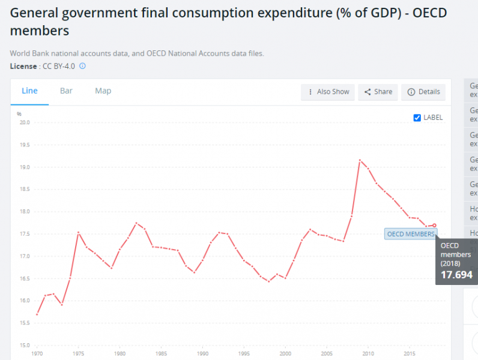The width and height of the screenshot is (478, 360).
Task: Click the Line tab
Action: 29,91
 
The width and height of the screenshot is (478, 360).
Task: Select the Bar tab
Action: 66,91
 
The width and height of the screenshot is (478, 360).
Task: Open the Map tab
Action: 103,91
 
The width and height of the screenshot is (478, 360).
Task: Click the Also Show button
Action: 328,92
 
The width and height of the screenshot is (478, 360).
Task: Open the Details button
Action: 423,92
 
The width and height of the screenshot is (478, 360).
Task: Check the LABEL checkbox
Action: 417,118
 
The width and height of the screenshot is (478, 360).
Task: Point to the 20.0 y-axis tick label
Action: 25,122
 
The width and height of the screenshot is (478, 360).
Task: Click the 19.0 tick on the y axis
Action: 25,167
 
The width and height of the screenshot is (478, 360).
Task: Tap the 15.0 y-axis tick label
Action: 25,346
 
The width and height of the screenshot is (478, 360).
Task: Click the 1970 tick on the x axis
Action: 37,354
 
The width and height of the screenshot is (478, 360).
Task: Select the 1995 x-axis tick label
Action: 244,354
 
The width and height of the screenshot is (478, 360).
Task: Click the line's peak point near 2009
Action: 360,160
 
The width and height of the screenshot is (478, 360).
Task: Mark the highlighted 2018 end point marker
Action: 434,225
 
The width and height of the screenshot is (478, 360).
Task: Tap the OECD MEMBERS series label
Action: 411,234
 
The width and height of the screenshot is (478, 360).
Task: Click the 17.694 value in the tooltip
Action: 456,274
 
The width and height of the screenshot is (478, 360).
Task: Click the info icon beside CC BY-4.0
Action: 83,66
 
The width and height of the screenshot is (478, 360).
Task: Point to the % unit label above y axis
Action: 19,113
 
